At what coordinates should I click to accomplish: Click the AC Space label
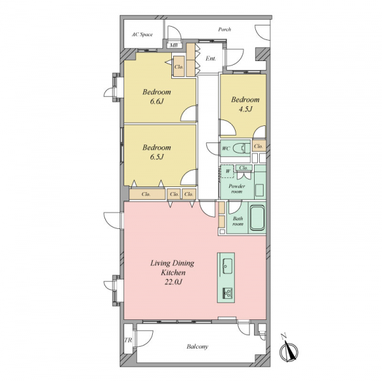pyautogui.click(x=142, y=34)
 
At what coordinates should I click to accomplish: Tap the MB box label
pyautogui.click(x=174, y=45)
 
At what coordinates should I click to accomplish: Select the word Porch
pyautogui.click(x=224, y=29)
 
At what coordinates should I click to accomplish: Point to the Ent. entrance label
pyautogui.click(x=211, y=59)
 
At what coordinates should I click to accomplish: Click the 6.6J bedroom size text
pyautogui.click(x=157, y=101)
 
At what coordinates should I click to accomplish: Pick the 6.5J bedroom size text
pyautogui.click(x=157, y=156)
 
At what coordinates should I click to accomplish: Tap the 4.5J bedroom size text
pyautogui.click(x=245, y=109)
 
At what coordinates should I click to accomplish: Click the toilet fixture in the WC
pyautogui.click(x=241, y=148)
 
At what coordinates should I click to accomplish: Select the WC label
pyautogui.click(x=226, y=148)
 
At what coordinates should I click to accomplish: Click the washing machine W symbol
pyautogui.click(x=227, y=171)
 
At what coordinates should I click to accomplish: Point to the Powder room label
pyautogui.click(x=237, y=189)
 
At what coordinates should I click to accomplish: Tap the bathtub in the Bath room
pyautogui.click(x=257, y=218)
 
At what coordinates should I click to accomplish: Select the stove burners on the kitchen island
pyautogui.click(x=227, y=293)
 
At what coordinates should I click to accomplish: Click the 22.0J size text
pyautogui.click(x=173, y=282)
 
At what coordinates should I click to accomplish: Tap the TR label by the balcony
pyautogui.click(x=128, y=340)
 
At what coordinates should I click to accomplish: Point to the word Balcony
pyautogui.click(x=197, y=346)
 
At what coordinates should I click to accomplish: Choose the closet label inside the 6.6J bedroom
pyautogui.click(x=179, y=67)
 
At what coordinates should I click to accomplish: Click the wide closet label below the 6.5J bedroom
pyautogui.click(x=146, y=194)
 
